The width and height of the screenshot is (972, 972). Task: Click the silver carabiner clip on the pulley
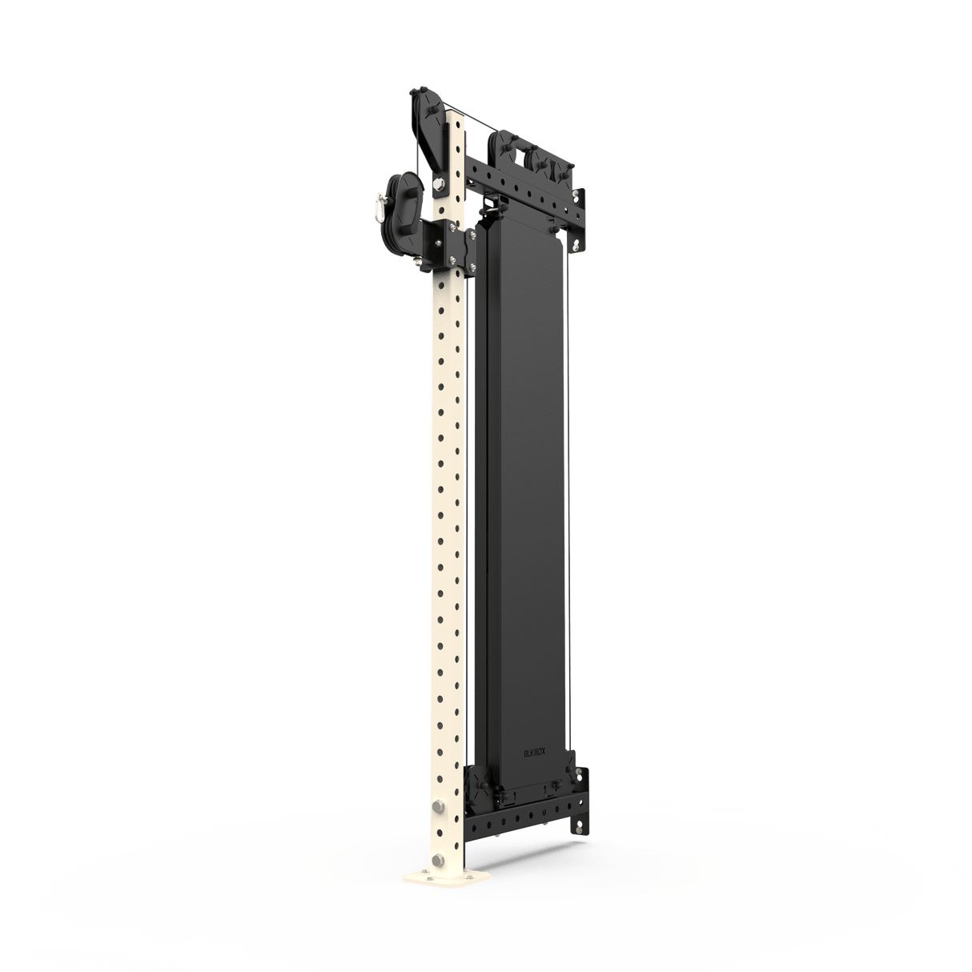(x=374, y=207)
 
